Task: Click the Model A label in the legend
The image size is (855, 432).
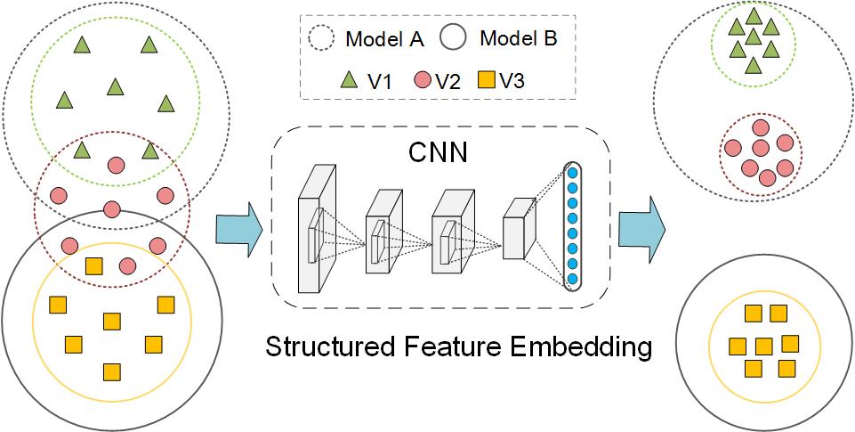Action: (384, 39)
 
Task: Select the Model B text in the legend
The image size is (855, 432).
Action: (520, 39)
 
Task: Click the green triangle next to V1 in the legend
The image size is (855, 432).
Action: (350, 81)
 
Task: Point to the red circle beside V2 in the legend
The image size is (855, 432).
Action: (423, 81)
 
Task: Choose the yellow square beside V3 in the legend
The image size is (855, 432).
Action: (487, 81)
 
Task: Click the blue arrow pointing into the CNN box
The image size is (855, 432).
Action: (238, 230)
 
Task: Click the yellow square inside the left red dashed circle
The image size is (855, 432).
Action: (93, 266)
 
